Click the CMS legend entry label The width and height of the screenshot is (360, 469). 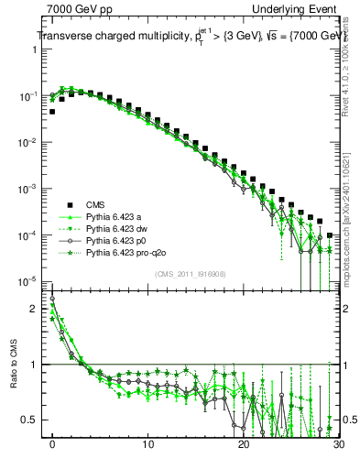pos(96,204)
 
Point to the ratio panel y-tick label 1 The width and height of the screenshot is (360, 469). pos(38,365)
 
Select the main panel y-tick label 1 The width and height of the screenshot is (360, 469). pos(38,49)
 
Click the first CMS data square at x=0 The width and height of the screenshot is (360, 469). pos(52,112)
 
